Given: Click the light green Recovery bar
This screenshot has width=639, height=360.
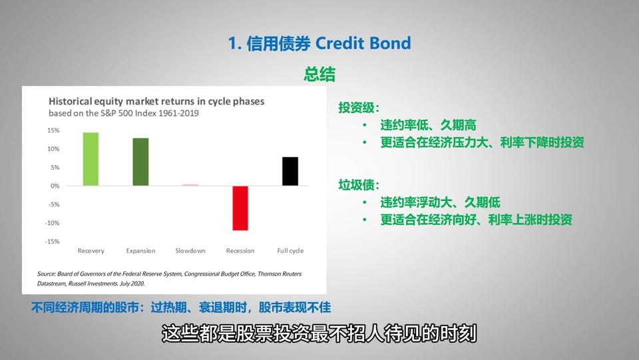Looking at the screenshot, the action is pyautogui.click(x=91, y=159).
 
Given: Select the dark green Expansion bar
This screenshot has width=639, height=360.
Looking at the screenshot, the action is pyautogui.click(x=140, y=162).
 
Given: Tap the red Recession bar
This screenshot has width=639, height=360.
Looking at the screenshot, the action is pyautogui.click(x=240, y=208).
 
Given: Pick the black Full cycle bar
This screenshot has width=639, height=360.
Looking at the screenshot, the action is pyautogui.click(x=290, y=171).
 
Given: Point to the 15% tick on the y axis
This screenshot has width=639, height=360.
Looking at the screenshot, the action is pyautogui.click(x=53, y=130).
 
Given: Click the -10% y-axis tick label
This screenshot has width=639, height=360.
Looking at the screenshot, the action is pyautogui.click(x=52, y=223).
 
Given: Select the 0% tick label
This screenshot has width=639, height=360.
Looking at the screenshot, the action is pyautogui.click(x=55, y=186).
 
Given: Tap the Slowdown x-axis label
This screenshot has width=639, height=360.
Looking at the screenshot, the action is pyautogui.click(x=190, y=251).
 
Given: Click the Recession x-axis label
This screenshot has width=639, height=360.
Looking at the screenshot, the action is pyautogui.click(x=240, y=251).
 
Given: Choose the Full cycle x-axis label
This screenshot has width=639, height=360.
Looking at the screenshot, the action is pyautogui.click(x=290, y=251).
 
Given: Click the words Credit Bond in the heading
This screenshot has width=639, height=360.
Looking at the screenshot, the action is pyautogui.click(x=363, y=43).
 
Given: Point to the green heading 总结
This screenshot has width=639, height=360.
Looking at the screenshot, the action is pyautogui.click(x=319, y=74).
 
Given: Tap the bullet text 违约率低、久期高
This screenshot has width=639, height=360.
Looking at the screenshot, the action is pyautogui.click(x=428, y=125).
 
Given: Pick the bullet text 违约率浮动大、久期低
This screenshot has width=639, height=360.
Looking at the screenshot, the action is pyautogui.click(x=440, y=202).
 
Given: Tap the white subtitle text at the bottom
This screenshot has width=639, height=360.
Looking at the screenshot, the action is pyautogui.click(x=319, y=334).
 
